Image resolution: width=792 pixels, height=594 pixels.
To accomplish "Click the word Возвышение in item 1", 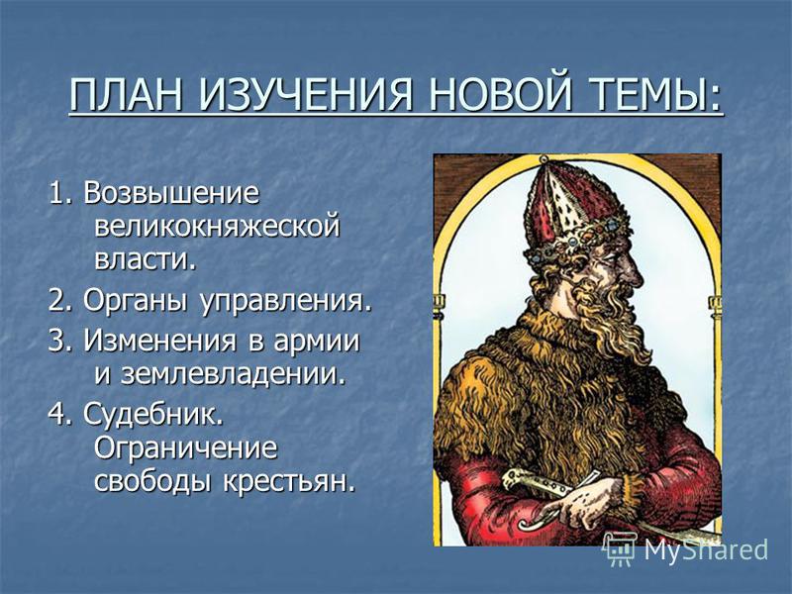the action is [171, 193].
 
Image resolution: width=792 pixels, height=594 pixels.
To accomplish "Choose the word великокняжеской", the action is [217, 228].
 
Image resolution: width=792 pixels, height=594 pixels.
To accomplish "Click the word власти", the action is [145, 260].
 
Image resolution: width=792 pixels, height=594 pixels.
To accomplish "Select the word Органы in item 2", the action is [136, 302].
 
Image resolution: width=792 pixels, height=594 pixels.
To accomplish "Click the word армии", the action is [317, 342].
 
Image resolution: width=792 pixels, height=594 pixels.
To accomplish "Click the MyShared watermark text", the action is [705, 550].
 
